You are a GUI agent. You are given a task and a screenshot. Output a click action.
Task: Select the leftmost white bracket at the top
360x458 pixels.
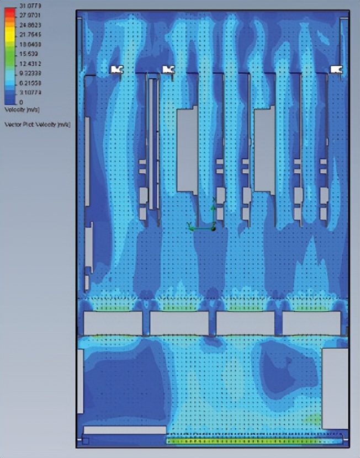pyautogui.click(x=117, y=69)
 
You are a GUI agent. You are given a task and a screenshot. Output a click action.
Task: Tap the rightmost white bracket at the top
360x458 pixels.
pyautogui.click(x=336, y=69)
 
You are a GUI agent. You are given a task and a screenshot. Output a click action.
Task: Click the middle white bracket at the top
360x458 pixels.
pyautogui.click(x=168, y=69)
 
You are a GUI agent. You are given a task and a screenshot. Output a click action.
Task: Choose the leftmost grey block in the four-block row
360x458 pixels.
pyautogui.click(x=113, y=323)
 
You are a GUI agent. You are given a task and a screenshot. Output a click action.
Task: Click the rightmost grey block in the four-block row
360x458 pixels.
pyautogui.click(x=311, y=323)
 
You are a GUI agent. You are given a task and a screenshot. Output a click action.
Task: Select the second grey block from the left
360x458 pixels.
pyautogui.click(x=179, y=323)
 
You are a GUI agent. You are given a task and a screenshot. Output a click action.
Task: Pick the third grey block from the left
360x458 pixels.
pyautogui.click(x=245, y=323)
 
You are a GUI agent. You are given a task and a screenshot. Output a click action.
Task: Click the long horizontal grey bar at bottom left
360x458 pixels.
pyautogui.click(x=124, y=429)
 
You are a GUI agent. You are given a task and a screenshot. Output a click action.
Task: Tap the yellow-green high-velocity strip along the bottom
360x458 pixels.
pyautogui.click(x=254, y=440)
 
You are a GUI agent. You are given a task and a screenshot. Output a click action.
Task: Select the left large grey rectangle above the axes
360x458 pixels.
pyautogui.click(x=187, y=149)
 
